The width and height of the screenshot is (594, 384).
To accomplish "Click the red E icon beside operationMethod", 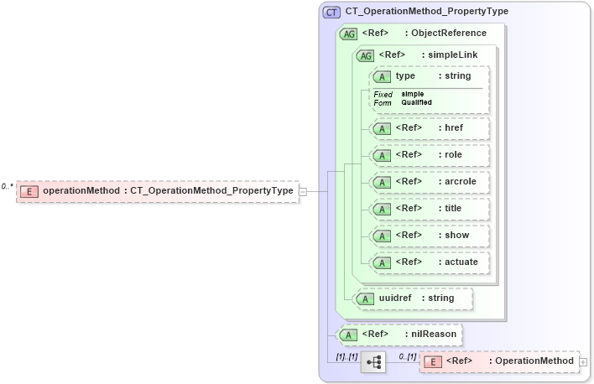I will (29, 191).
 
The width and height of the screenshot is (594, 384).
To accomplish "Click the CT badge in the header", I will (331, 13).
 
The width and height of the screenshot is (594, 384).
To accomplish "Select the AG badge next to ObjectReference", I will (348, 34).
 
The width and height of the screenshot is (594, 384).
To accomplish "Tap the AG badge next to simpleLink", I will (365, 55).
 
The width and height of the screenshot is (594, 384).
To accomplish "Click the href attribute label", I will (454, 128).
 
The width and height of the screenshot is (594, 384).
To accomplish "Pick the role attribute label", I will (453, 155).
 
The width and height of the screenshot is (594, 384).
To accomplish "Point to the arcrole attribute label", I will (461, 181).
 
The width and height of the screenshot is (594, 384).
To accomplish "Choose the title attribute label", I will (453, 208).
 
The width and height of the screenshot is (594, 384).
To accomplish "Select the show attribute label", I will (456, 235).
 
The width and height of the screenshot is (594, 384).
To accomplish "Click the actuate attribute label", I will (461, 262).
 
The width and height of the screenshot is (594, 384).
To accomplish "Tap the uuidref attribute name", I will (395, 298).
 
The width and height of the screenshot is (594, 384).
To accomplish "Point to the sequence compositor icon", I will (373, 362).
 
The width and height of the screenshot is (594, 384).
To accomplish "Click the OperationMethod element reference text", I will (534, 361).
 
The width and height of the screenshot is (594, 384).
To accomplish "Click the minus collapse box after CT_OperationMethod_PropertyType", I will (303, 191).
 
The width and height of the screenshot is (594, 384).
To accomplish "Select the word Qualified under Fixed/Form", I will (416, 102).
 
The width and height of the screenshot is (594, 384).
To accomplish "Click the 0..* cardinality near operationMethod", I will (8, 186).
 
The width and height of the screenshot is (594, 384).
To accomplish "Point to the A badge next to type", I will (382, 76).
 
